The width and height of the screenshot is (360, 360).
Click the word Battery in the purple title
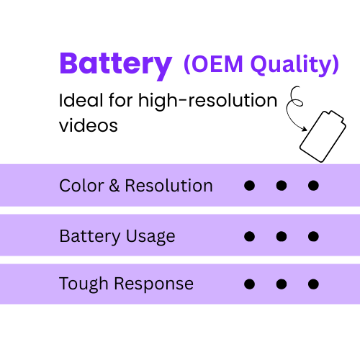click(x=115, y=65)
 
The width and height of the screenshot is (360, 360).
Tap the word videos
click(x=88, y=125)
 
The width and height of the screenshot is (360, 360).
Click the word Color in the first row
click(x=82, y=186)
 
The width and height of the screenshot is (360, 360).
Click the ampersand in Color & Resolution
click(x=115, y=186)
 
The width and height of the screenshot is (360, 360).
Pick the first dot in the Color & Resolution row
click(x=250, y=186)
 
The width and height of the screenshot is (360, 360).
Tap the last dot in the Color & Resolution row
click(x=313, y=186)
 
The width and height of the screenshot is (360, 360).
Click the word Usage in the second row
click(x=150, y=236)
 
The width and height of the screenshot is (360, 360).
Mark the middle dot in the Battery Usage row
click(x=282, y=236)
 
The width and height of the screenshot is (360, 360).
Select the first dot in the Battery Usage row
click(x=250, y=236)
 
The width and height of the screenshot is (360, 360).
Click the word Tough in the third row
click(x=82, y=284)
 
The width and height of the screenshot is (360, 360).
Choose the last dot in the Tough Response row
click(x=313, y=284)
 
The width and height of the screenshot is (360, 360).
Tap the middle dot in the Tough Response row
click(x=282, y=284)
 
